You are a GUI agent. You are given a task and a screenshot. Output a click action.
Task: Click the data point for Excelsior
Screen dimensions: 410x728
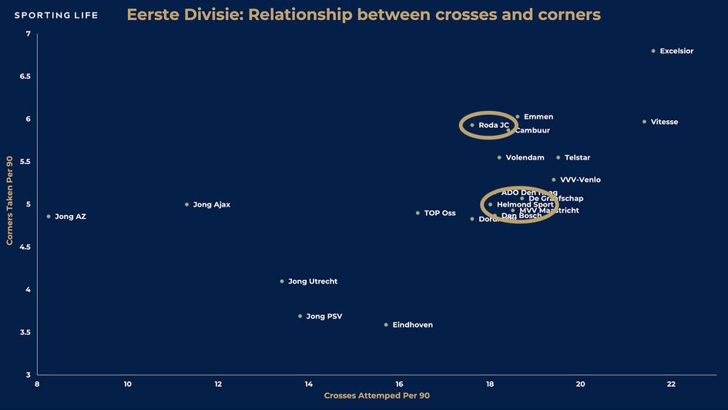click(x=653, y=51)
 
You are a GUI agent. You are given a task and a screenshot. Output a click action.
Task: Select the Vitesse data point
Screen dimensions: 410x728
click(x=644, y=122)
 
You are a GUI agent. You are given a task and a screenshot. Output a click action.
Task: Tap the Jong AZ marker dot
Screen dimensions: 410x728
click(x=49, y=217)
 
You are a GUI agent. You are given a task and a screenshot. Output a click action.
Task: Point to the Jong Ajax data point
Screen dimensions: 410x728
click(x=186, y=204)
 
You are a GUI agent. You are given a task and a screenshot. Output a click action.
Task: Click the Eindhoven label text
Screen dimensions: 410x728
click(x=412, y=325)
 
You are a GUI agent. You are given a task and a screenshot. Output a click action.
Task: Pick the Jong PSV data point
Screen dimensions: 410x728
click(x=300, y=316)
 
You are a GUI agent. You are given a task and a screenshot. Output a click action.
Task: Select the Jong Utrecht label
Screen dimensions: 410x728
click(x=313, y=281)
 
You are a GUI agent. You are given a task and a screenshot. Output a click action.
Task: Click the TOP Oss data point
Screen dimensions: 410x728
click(x=418, y=213)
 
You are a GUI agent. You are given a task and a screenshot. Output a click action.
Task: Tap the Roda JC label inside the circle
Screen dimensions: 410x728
click(x=494, y=125)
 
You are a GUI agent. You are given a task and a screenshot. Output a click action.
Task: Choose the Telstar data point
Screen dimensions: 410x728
click(x=559, y=157)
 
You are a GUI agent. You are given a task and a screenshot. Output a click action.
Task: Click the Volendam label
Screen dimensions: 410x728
click(x=525, y=157)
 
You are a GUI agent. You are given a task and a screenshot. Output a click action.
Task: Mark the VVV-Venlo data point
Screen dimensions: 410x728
click(x=553, y=180)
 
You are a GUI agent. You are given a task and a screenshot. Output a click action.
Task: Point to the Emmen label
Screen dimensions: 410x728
click(x=538, y=117)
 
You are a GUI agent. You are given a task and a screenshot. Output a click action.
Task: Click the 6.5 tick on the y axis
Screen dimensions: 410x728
click(x=26, y=76)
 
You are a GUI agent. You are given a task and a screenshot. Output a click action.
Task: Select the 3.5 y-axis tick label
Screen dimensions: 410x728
click(x=26, y=332)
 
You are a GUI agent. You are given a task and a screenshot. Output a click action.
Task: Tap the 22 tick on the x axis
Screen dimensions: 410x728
click(x=671, y=384)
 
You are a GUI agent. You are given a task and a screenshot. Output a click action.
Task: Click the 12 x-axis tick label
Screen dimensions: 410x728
click(x=218, y=384)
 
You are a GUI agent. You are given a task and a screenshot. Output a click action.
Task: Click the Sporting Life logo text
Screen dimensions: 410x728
click(x=56, y=15)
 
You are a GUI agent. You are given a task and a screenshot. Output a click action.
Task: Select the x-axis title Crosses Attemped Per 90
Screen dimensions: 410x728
click(x=377, y=396)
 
